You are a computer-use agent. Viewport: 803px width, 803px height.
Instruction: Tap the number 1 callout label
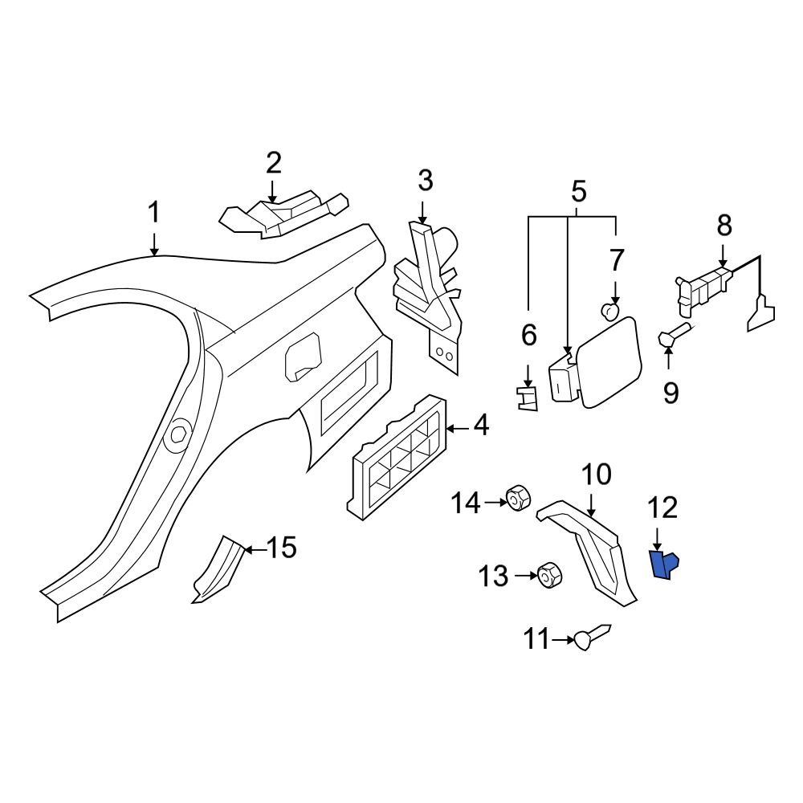point(153,214)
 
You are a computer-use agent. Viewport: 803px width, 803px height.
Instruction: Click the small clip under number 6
point(528,397)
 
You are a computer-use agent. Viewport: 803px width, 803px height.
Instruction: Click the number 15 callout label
point(281,548)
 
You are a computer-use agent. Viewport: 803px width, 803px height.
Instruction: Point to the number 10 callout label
point(596,475)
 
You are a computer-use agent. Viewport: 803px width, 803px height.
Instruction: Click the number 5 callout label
point(578,192)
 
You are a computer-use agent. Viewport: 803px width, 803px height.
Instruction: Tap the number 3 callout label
point(425,181)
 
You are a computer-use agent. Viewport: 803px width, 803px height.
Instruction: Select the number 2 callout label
point(273,163)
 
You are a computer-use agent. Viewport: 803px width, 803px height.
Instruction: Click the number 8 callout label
point(724,226)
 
